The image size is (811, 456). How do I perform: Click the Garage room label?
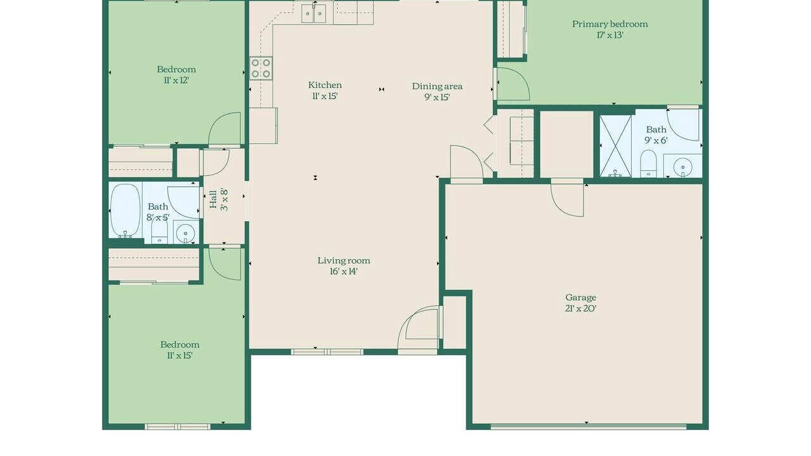[x=580, y=298]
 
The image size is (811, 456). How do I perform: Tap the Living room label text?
[x=343, y=260]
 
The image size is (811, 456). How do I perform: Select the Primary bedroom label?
[x=610, y=24]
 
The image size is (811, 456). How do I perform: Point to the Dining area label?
[x=437, y=87]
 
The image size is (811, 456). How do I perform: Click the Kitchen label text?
[x=325, y=85]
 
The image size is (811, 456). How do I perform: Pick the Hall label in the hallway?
[x=214, y=199]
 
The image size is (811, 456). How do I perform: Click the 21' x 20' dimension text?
[x=581, y=308]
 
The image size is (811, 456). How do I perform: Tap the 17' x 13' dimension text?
[x=610, y=35]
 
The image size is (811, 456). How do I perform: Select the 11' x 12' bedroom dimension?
[x=176, y=80]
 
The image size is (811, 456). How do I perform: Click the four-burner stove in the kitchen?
[x=260, y=68]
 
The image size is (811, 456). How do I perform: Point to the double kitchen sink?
[x=313, y=14]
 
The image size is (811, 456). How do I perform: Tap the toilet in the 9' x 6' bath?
[x=648, y=163]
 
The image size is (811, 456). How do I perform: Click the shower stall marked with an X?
[x=615, y=146]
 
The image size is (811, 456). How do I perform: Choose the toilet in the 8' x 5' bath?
[x=159, y=231]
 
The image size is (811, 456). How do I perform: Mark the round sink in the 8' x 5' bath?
[x=186, y=232]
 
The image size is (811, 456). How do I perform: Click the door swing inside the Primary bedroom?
[x=513, y=84]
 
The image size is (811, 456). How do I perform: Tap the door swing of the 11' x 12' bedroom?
[x=224, y=129]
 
